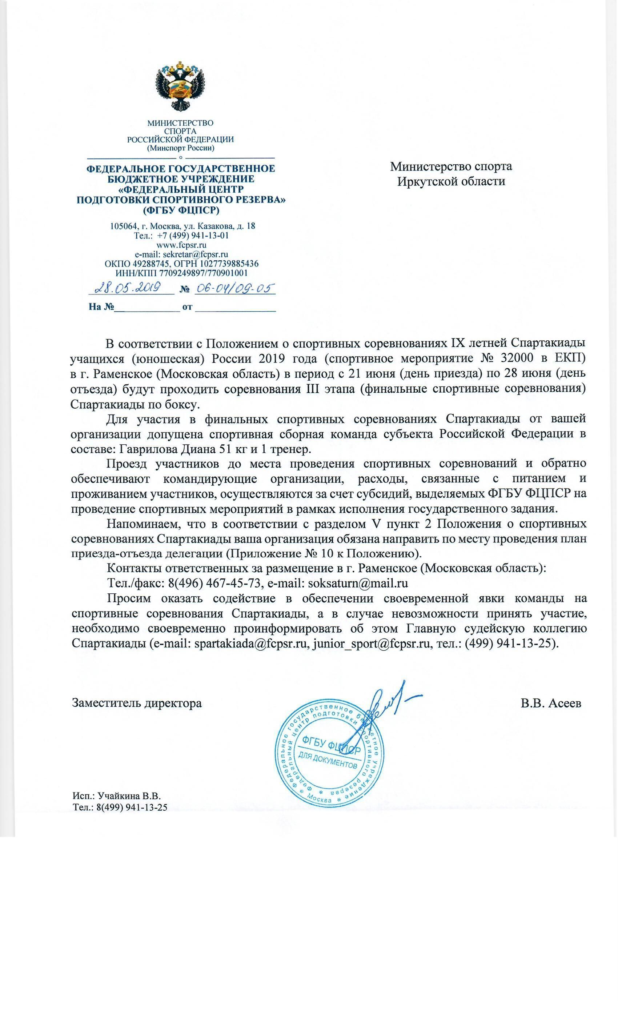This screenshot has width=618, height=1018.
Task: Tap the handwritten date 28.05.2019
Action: pos(128,288)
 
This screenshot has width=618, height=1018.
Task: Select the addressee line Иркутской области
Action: pos(451,181)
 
